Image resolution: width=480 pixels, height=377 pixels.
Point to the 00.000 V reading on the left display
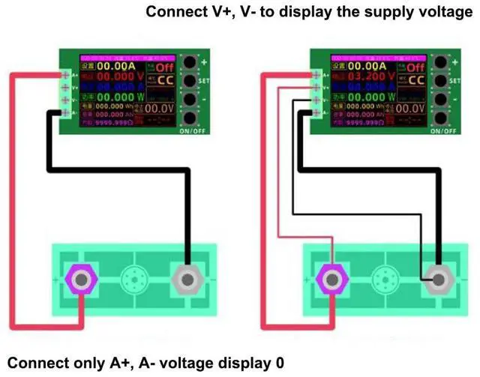(x=114, y=78)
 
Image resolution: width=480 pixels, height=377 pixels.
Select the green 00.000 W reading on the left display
(x=114, y=96)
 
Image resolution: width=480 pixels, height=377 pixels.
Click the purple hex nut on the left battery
(x=80, y=280)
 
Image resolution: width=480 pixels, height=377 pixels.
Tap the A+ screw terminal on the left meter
(x=66, y=75)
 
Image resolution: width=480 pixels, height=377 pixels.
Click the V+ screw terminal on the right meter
(x=318, y=87)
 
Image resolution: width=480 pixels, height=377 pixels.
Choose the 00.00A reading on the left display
(x=115, y=66)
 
